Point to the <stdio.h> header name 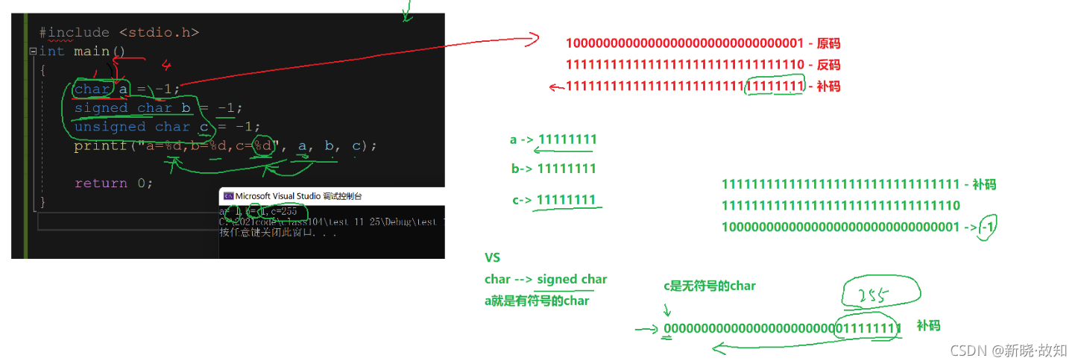point(159,33)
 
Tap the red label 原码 point(828,43)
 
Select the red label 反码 point(828,65)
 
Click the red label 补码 point(828,87)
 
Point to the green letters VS point(492,258)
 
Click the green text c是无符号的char point(710,286)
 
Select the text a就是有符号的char point(536,301)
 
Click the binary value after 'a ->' point(567,139)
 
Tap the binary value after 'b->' point(567,169)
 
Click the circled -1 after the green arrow point(988,227)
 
